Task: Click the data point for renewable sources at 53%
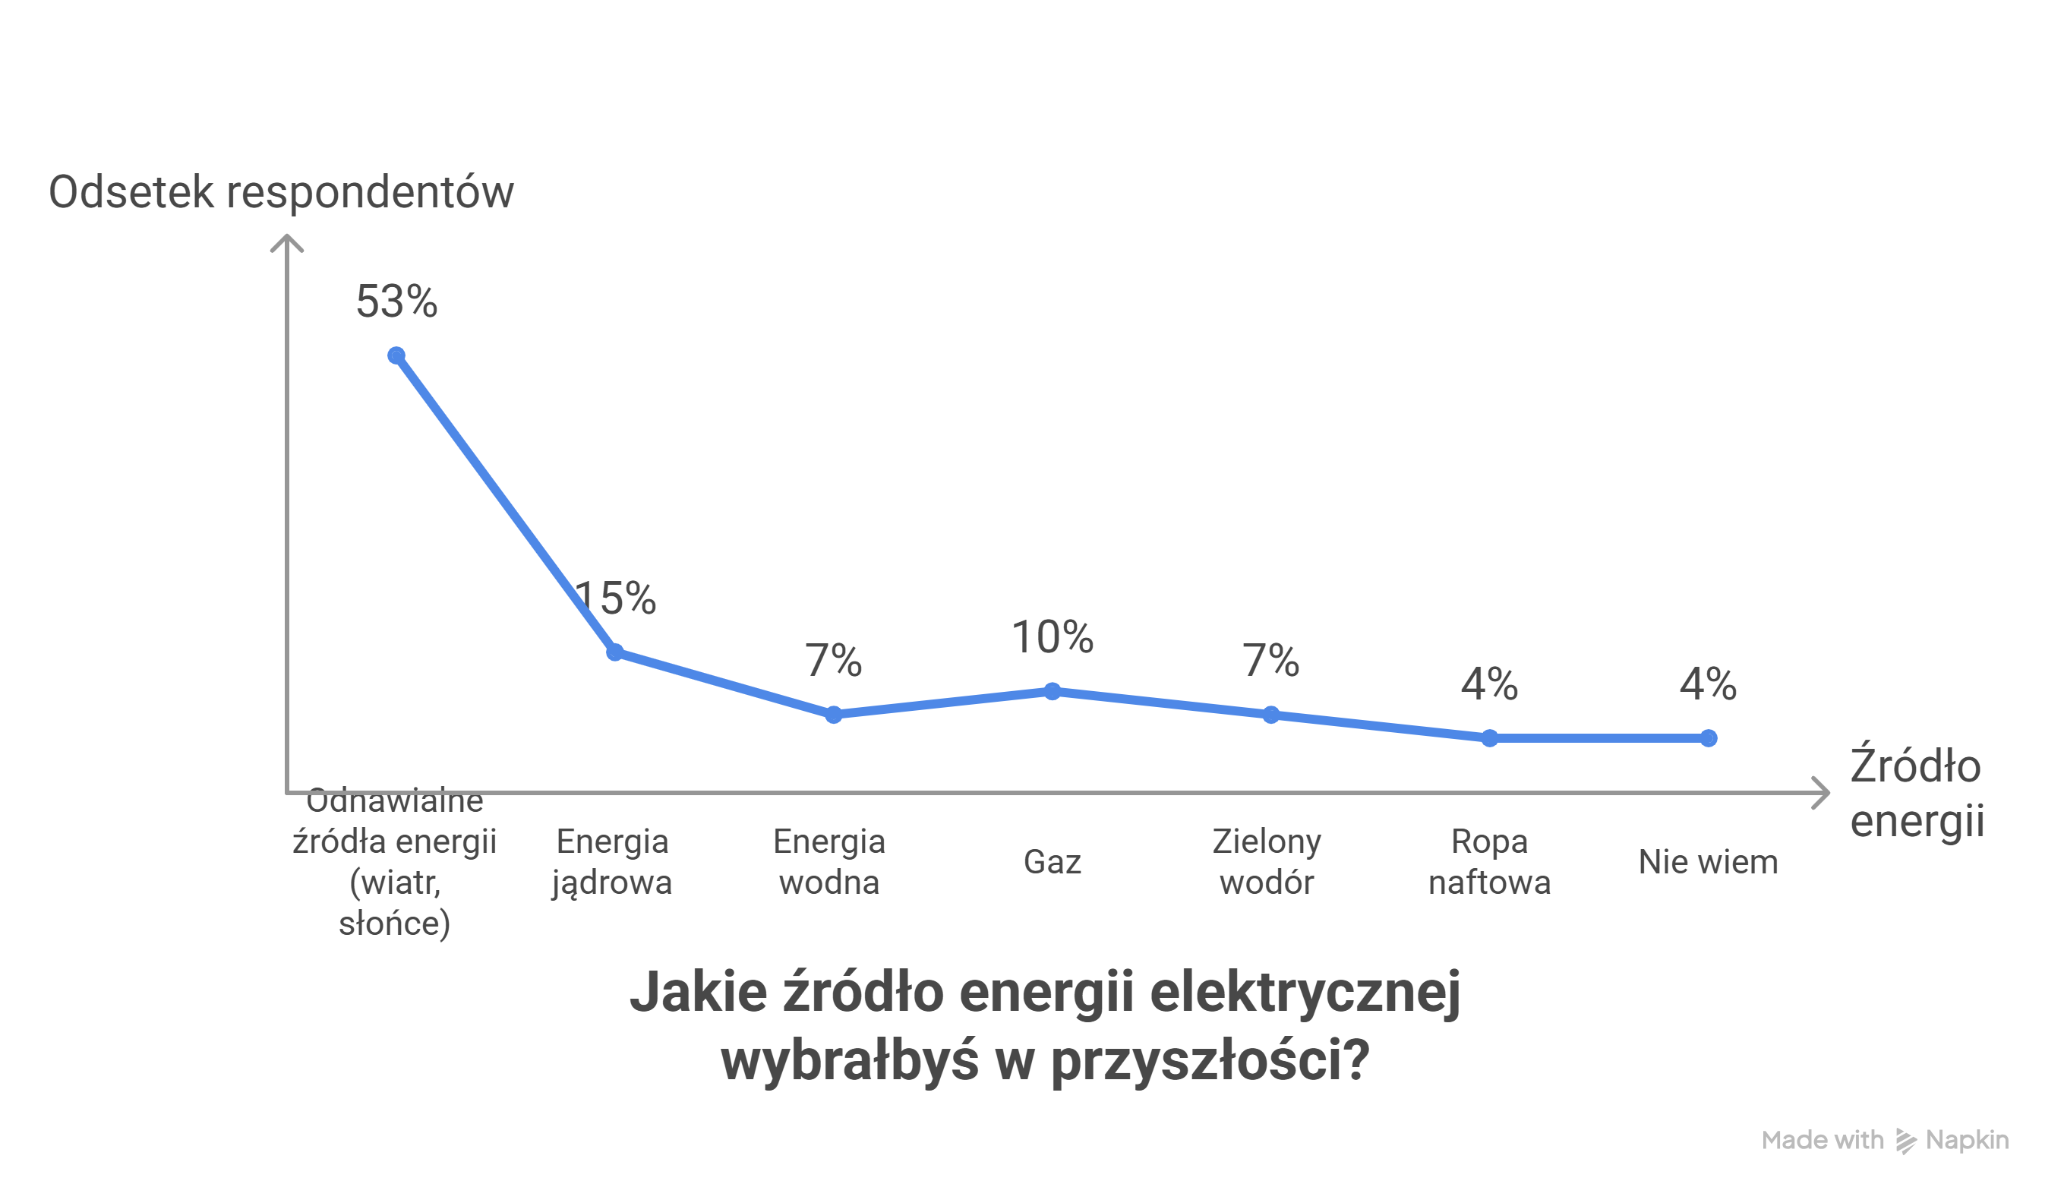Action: click(x=396, y=355)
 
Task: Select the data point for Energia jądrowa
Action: click(x=615, y=652)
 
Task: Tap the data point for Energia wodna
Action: click(x=834, y=715)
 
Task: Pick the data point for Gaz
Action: click(x=1053, y=691)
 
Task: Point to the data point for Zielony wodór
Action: click(x=1271, y=715)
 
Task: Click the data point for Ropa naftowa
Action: click(x=1490, y=739)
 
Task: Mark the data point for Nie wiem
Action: click(x=1709, y=739)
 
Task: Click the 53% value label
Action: click(x=396, y=302)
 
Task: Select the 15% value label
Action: click(x=616, y=598)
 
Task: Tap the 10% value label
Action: click(x=1053, y=637)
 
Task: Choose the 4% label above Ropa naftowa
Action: click(x=1489, y=684)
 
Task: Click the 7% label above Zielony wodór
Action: click(x=1270, y=660)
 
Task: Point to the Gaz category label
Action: click(x=1053, y=861)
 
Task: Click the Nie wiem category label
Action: click(x=1709, y=861)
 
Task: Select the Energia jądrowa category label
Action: click(x=612, y=861)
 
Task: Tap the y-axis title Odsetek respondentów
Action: click(x=281, y=192)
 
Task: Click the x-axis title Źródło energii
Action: click(x=1917, y=792)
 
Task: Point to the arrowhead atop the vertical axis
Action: click(x=287, y=242)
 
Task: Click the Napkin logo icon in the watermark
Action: click(x=1906, y=1141)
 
